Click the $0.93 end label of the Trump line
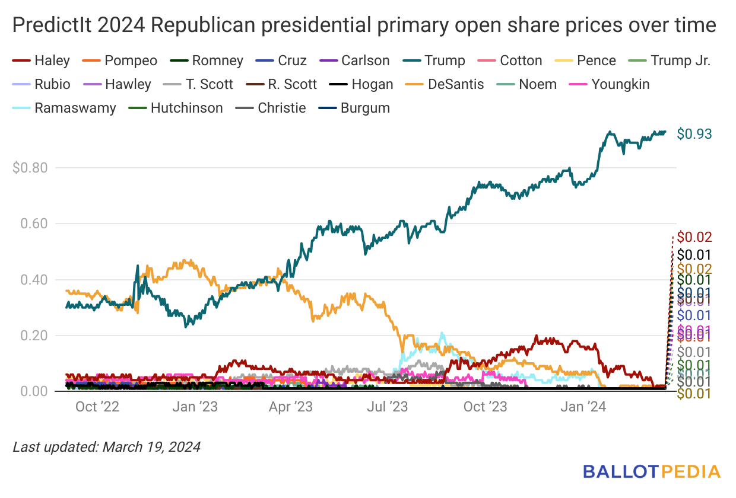694,134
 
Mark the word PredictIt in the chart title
47,27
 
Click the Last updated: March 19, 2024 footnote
107,446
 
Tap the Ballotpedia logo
652,472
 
